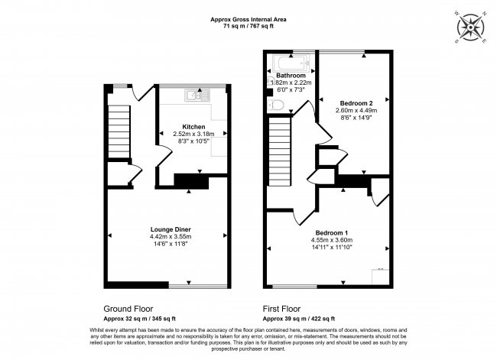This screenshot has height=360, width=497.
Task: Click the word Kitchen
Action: [193, 126]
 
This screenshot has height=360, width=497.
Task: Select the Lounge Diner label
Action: [170, 229]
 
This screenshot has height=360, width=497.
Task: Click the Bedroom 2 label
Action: [356, 103]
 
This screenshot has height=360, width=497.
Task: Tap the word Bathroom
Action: [291, 76]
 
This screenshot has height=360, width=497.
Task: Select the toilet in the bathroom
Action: [278, 105]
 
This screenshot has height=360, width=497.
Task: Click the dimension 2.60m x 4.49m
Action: [356, 111]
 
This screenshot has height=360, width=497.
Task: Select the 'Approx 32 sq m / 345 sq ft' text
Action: [140, 319]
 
